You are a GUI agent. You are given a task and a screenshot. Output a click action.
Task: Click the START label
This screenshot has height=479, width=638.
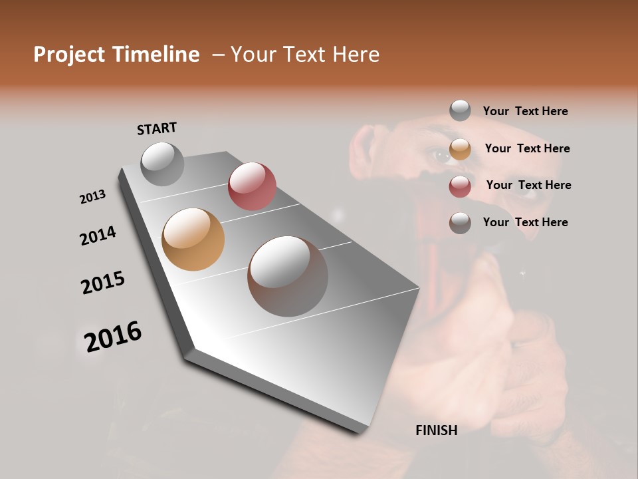click(157, 128)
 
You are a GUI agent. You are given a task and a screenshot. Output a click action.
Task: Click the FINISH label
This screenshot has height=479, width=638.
click(436, 430)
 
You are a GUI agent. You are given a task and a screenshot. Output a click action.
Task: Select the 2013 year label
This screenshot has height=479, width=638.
click(93, 197)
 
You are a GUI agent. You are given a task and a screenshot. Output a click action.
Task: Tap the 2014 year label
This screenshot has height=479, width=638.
click(98, 236)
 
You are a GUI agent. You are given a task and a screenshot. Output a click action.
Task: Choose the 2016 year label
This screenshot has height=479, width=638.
click(113, 337)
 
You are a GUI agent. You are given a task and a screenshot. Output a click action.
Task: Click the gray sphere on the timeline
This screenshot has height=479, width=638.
click(162, 164)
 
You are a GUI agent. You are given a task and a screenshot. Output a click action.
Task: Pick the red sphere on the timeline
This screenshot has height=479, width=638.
click(252, 186)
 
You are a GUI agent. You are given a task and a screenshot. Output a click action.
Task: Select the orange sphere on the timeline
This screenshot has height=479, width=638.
click(193, 239)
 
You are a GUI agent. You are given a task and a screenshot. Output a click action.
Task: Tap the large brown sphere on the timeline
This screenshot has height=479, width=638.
click(288, 276)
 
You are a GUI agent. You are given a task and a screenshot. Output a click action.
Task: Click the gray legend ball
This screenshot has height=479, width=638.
click(460, 110)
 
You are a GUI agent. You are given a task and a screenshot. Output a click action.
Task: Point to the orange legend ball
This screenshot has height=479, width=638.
click(460, 149)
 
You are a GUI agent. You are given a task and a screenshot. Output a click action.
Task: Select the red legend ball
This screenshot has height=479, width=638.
click(460, 186)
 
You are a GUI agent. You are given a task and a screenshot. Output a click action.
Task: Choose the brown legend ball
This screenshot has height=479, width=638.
click(460, 223)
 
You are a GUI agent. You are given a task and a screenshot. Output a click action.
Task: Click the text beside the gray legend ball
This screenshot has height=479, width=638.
click(525, 111)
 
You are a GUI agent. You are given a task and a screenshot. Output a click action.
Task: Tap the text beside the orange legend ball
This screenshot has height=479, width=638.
click(527, 148)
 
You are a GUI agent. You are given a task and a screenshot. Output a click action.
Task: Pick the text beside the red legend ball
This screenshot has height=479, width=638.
click(528, 185)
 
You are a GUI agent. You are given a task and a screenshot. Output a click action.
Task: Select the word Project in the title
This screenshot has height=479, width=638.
click(66, 55)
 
